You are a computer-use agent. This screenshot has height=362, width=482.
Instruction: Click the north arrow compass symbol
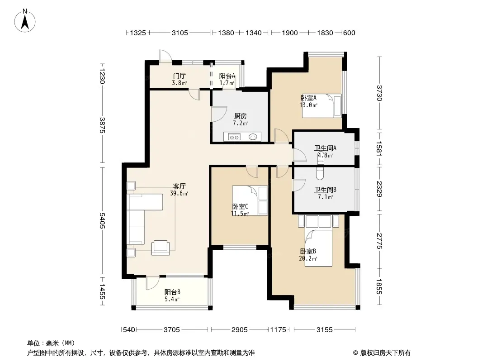click(x=25, y=21)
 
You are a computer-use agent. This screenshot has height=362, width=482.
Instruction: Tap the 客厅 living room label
click(x=179, y=186)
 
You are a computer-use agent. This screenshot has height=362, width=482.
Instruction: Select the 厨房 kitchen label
click(x=241, y=116)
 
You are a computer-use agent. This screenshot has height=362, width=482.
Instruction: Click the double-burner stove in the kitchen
click(x=234, y=137)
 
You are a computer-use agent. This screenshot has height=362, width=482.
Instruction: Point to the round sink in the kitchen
click(x=253, y=137)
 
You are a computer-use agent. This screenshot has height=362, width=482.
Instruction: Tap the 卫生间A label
click(x=325, y=148)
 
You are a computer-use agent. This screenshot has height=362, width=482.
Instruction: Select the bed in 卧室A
click(x=321, y=106)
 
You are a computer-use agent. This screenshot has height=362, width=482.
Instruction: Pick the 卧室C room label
click(x=240, y=206)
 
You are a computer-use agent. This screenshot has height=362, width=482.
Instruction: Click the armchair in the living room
click(x=161, y=248)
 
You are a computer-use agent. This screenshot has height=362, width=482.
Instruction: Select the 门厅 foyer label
click(x=179, y=76)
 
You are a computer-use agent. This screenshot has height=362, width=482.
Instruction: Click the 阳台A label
click(x=227, y=76)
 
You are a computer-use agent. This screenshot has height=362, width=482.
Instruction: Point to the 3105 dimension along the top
click(x=180, y=33)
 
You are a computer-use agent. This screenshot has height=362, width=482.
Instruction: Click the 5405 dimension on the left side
click(x=102, y=221)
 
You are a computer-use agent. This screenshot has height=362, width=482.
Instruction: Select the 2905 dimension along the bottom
click(x=240, y=330)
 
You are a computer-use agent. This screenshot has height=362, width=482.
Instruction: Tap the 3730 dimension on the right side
click(x=380, y=93)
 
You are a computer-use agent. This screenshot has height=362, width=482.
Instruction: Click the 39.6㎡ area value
click(x=179, y=194)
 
